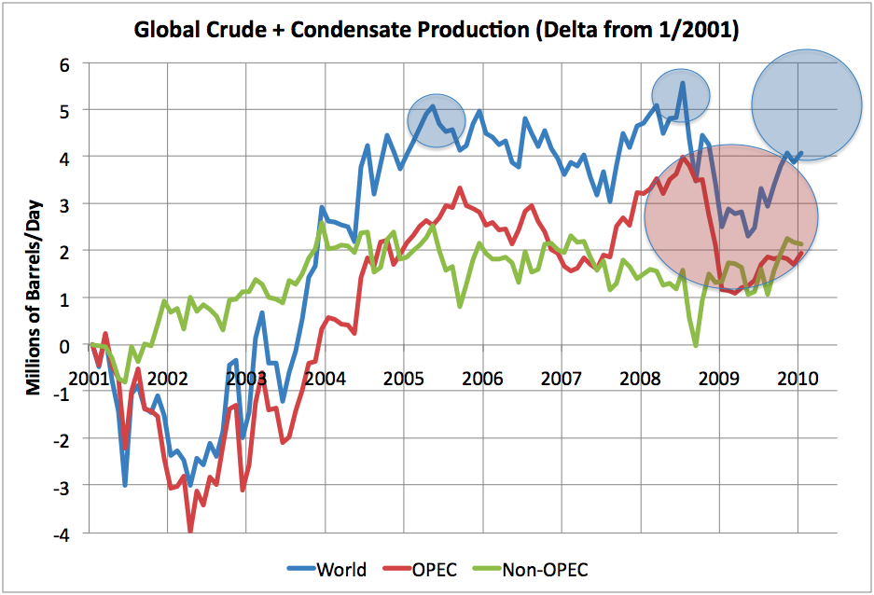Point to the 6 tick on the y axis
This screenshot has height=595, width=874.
[x=63, y=63]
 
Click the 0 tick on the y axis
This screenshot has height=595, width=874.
[x=63, y=345]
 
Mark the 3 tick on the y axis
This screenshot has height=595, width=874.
[x=63, y=204]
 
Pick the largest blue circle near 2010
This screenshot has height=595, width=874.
[x=807, y=104]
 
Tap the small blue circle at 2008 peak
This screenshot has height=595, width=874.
[x=681, y=90]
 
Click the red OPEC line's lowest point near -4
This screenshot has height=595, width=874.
[x=191, y=530]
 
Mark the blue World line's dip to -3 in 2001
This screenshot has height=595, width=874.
[x=125, y=485]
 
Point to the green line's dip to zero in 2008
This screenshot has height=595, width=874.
[x=696, y=346]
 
